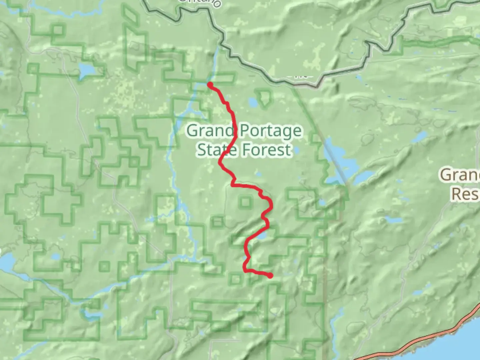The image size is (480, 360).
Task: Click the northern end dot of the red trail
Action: (210, 84)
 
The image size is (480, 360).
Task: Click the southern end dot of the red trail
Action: (270, 276)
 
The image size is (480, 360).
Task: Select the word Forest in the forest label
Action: (267, 150)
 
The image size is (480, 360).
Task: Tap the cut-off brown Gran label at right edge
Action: (460, 174)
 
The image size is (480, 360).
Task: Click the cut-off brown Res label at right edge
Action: (465, 194)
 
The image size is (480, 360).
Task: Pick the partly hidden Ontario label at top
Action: (199, 3)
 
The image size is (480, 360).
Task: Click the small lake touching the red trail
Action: (261, 236)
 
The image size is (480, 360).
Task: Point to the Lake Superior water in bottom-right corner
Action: (460, 347)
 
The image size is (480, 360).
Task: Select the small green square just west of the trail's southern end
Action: (236, 279)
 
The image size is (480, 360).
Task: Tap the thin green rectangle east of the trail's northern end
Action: (223, 78)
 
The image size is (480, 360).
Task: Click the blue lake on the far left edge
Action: (7, 262)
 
